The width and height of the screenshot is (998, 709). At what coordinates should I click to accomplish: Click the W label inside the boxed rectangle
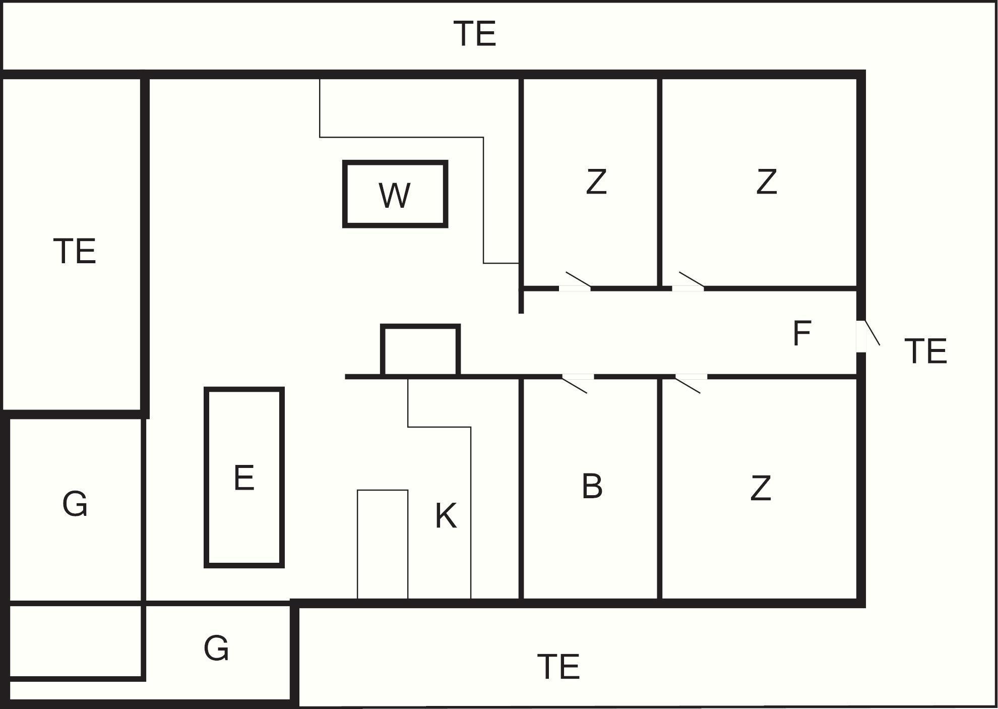[395, 196]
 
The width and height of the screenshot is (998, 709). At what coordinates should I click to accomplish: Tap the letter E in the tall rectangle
[244, 478]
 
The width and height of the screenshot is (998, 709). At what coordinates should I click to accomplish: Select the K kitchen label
[446, 516]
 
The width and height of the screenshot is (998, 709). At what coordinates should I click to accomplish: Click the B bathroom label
[592, 487]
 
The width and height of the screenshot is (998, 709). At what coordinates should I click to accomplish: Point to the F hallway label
[801, 333]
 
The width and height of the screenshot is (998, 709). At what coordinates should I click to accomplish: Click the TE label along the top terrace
[475, 34]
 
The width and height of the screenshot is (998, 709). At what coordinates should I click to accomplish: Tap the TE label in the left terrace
[75, 251]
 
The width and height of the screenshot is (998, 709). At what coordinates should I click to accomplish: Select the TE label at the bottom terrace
[558, 667]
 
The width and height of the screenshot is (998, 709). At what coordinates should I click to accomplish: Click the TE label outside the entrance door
[925, 351]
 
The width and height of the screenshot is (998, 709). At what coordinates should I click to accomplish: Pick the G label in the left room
[75, 504]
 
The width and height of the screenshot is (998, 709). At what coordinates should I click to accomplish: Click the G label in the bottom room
[216, 648]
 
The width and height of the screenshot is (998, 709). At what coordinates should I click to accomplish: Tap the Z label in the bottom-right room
[761, 488]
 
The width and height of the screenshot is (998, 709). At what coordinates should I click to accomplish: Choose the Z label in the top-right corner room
[766, 182]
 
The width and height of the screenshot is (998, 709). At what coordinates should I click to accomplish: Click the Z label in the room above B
[596, 182]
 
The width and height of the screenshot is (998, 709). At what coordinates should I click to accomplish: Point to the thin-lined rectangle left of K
[383, 544]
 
